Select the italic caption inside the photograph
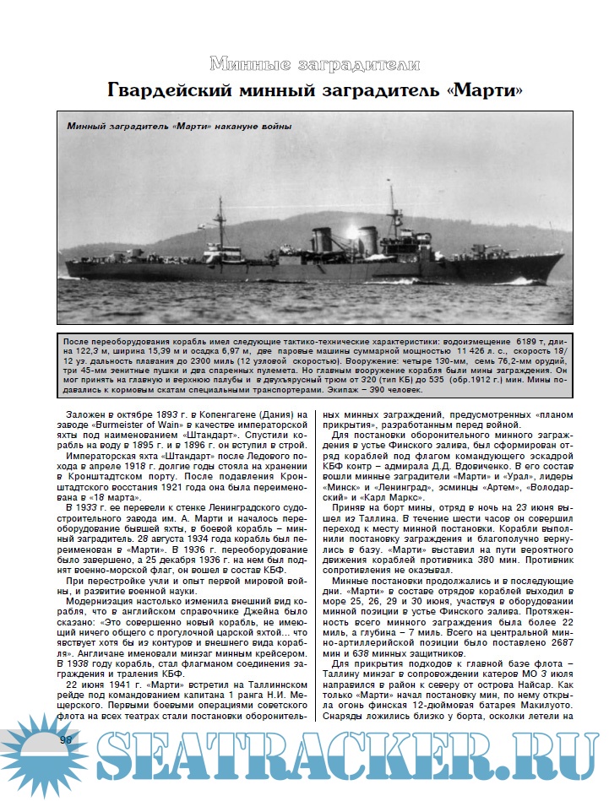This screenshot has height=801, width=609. coord(178,127)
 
